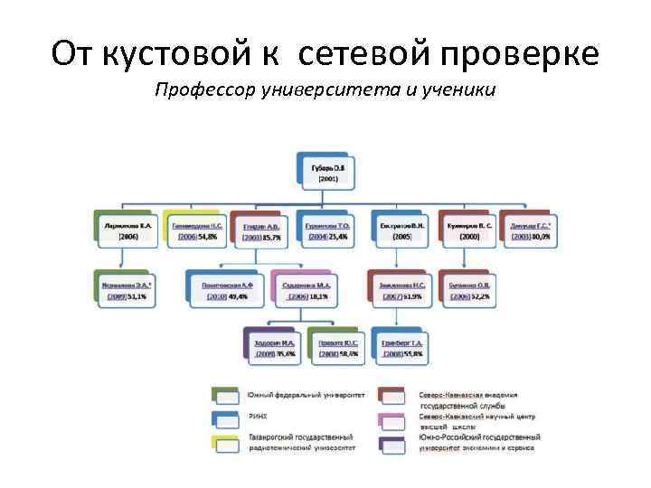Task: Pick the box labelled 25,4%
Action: point(327,230)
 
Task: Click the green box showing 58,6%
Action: point(338,349)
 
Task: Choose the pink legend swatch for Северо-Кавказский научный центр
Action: point(392,419)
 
